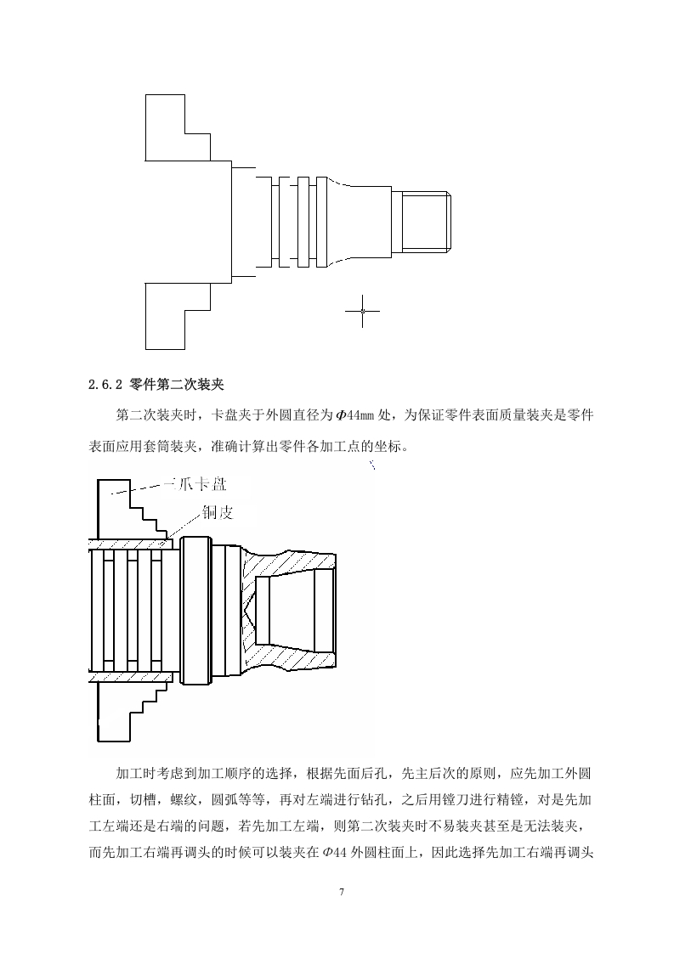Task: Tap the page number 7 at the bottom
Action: (x=342, y=892)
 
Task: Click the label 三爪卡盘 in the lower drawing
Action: (x=195, y=484)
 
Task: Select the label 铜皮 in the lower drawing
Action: (x=218, y=512)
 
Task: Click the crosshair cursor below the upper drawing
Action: (x=363, y=311)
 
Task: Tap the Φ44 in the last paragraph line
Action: (x=335, y=852)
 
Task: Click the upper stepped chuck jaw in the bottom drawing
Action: (x=131, y=510)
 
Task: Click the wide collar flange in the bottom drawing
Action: (x=195, y=610)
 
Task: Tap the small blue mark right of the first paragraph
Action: (x=372, y=465)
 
